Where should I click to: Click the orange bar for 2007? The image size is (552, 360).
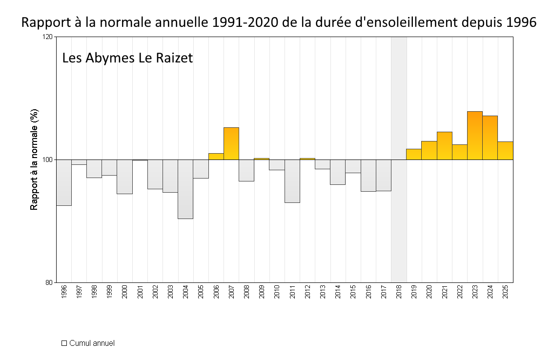coord(231,143)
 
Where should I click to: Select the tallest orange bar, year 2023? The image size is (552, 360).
coord(475,136)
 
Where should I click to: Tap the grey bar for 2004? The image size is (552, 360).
coord(185,189)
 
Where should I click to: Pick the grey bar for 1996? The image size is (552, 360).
coord(64,182)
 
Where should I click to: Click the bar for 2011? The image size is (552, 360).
coord(292,181)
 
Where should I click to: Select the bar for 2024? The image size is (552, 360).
coord(490,138)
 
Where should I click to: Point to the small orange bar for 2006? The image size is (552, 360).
coord(216,157)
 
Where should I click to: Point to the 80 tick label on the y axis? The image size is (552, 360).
coord(49,282)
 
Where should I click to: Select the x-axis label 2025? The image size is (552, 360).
coord(506,292)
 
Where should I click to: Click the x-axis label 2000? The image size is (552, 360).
coord(125,292)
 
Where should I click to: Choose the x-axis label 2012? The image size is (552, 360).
coord(307,292)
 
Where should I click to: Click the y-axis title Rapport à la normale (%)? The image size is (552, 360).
coord(34,160)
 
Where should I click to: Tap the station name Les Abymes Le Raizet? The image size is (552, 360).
coord(127,58)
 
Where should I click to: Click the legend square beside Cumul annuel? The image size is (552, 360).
coord(64,343)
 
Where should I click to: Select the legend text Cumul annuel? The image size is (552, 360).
coord(92,343)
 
